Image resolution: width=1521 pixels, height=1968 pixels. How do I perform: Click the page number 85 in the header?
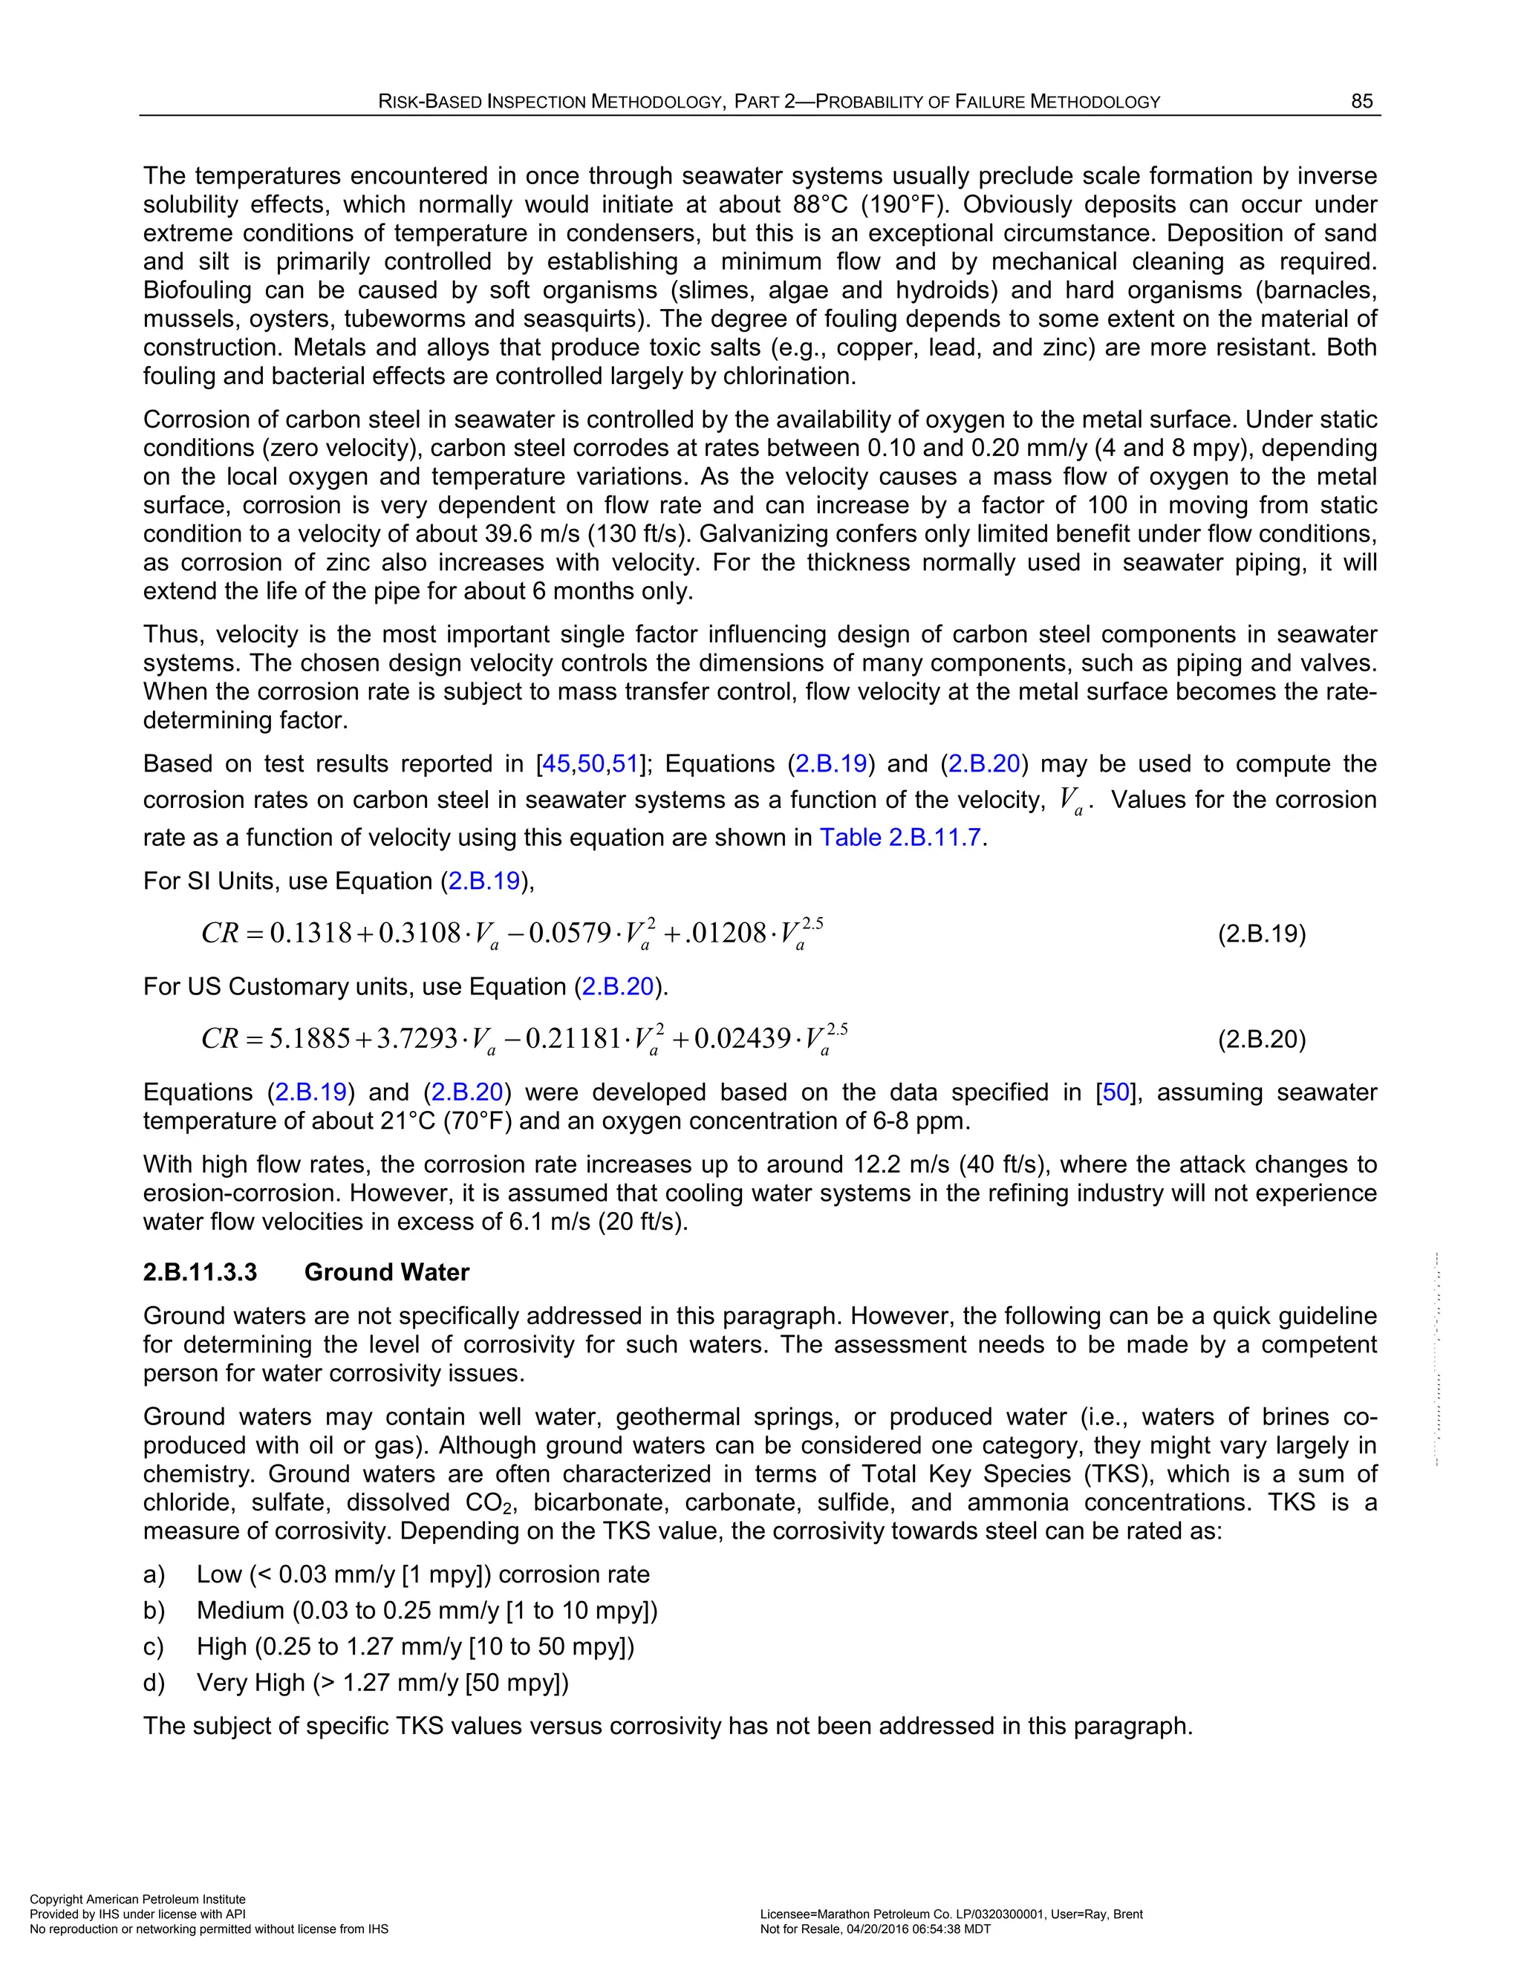pos(1361,102)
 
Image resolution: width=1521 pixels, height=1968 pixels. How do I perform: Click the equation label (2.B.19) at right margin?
pos(1262,934)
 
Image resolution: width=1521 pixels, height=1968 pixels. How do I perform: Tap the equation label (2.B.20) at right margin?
pos(1262,1040)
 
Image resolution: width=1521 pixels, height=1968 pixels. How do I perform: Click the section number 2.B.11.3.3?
pos(200,1272)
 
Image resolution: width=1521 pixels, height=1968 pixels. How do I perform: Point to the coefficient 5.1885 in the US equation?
pos(310,1039)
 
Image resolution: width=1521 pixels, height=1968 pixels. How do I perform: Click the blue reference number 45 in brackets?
pos(556,764)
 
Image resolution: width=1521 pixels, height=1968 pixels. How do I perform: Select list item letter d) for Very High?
pos(154,1684)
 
